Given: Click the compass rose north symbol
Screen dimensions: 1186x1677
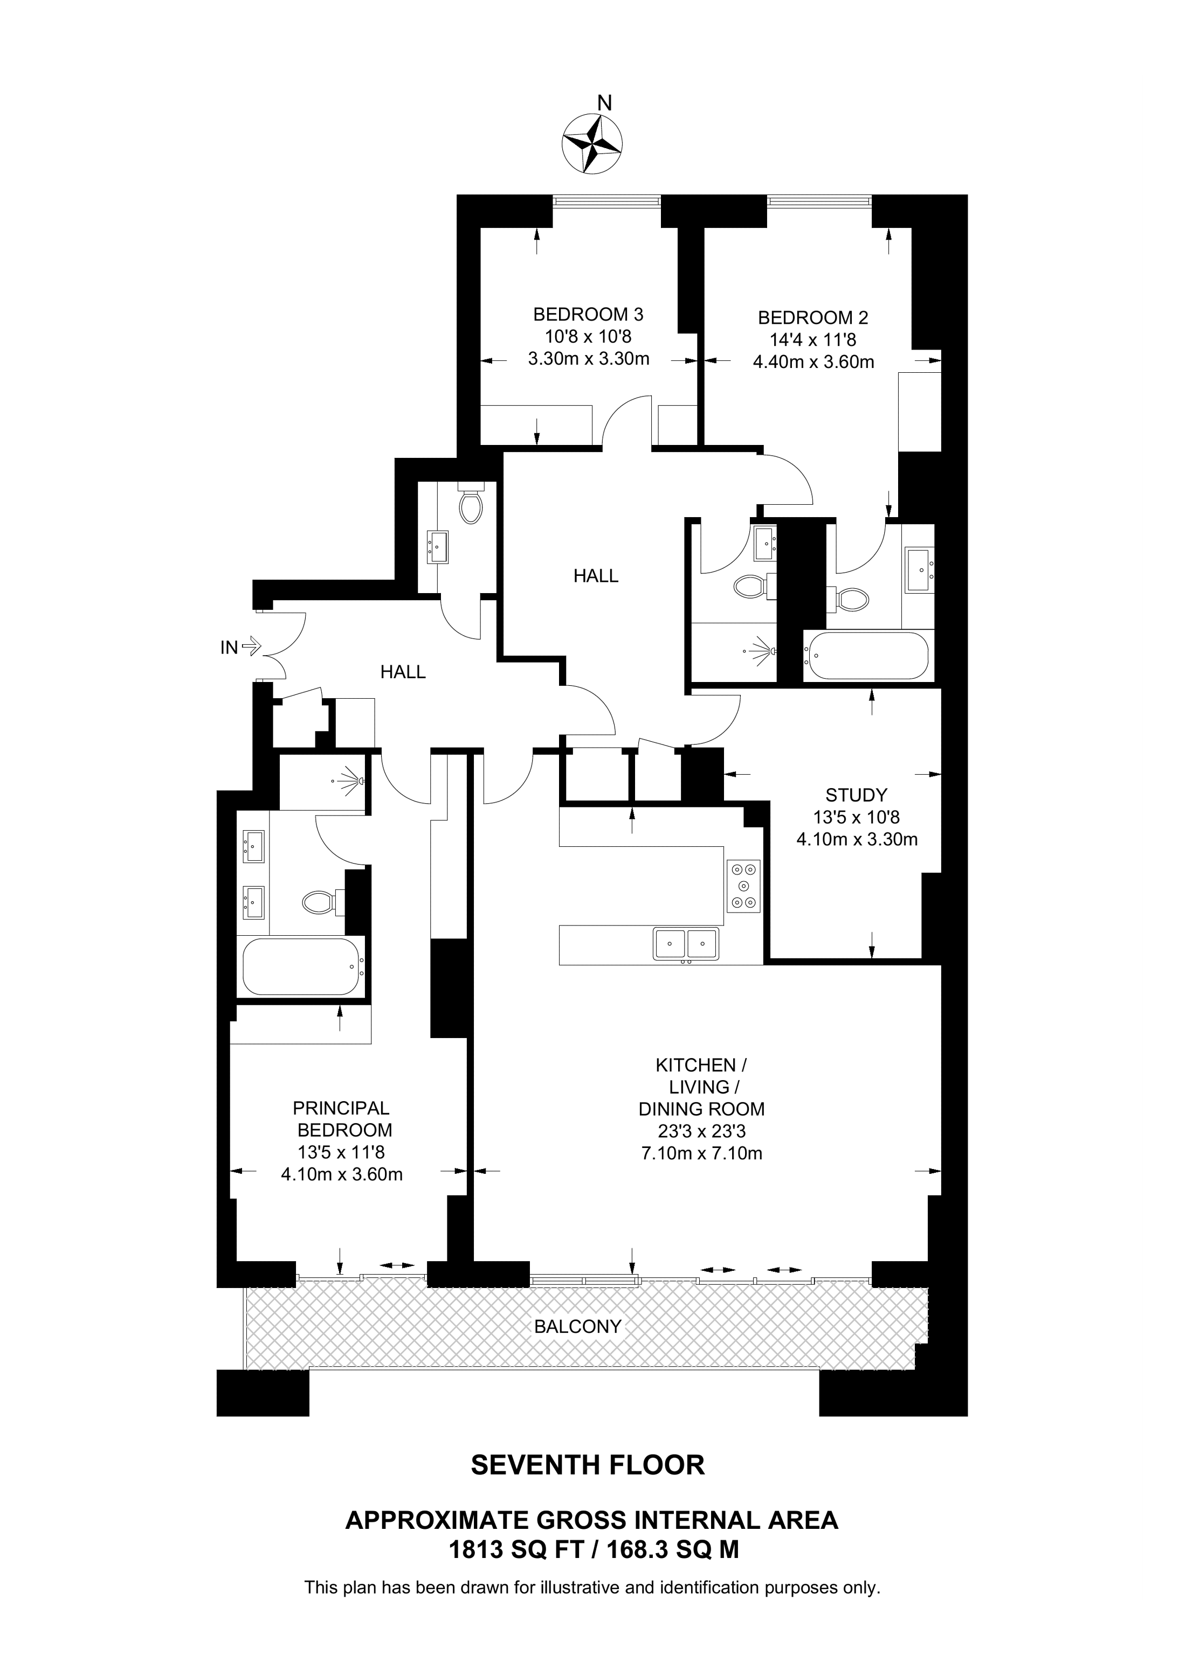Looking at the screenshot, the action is (x=591, y=144).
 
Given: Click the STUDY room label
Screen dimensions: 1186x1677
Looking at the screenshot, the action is (x=857, y=795).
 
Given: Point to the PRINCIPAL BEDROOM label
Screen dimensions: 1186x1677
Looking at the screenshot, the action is (x=342, y=1119).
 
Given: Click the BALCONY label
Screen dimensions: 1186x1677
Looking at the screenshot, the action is (x=577, y=1326).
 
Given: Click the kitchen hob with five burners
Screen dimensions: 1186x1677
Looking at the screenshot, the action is (x=743, y=886).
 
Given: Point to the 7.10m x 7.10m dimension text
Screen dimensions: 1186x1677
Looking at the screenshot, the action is (x=701, y=1153).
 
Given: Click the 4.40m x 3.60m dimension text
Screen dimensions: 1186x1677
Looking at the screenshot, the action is (x=813, y=361).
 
